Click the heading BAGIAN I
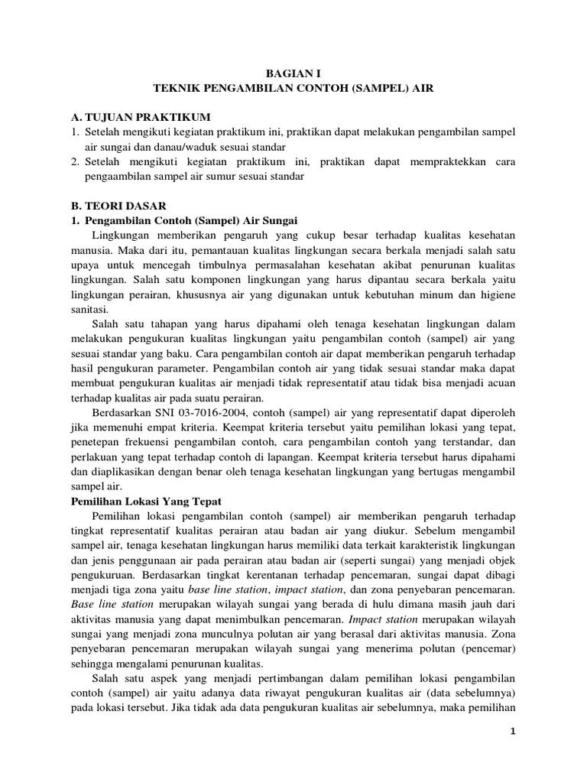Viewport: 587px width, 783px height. (293, 73)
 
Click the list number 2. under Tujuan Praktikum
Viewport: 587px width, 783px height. (75, 161)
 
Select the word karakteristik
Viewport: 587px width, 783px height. (398, 546)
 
